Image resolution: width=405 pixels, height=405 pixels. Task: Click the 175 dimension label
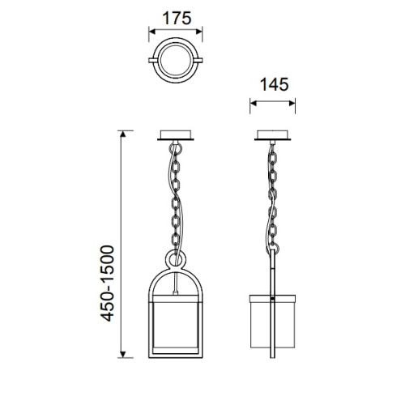[x=177, y=18]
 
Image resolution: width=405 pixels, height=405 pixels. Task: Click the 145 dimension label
[x=274, y=84]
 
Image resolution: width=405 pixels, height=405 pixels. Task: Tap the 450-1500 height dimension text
[x=108, y=283]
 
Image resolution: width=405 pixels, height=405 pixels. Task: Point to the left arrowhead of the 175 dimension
[x=152, y=32]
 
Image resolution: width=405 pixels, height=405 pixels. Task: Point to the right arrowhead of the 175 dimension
[x=199, y=32]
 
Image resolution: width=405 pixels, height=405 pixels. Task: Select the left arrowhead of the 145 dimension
[x=254, y=103]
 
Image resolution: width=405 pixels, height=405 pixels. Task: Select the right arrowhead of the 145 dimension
[x=292, y=103]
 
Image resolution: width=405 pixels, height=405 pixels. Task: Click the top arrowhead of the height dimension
[x=123, y=134]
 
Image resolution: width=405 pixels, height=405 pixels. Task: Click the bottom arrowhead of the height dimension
[x=123, y=354]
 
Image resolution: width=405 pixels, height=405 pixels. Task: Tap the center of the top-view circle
[x=176, y=60]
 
